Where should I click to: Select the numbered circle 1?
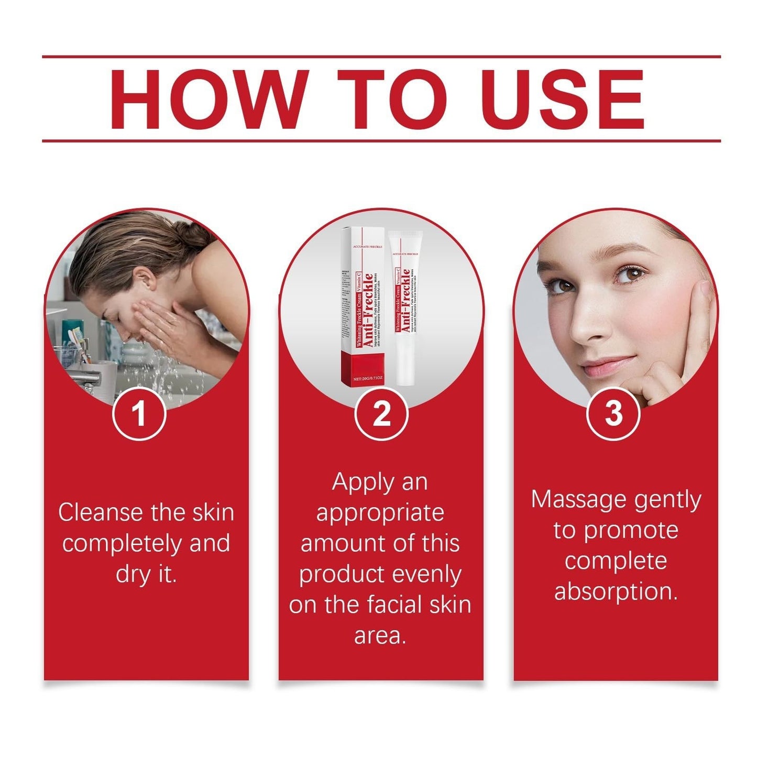pos(139,413)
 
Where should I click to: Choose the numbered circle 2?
pos(381,413)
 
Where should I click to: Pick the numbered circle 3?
pos(613,413)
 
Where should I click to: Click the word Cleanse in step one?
pos(100,512)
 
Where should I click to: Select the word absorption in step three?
pos(616,591)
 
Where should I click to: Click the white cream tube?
pos(405,309)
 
